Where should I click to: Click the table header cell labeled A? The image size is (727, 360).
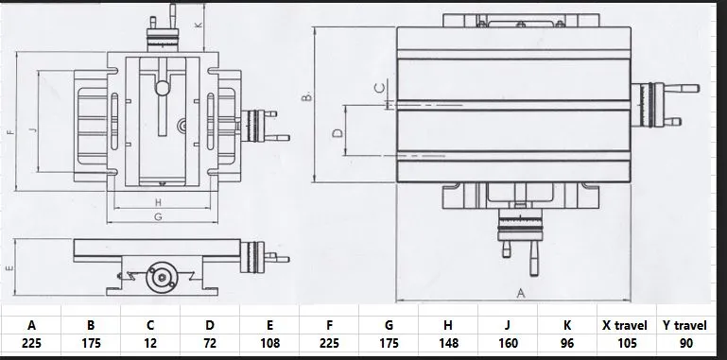click(x=31, y=325)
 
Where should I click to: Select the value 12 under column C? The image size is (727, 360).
click(x=150, y=343)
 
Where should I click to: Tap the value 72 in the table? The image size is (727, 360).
click(x=210, y=343)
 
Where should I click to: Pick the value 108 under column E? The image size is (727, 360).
click(x=269, y=343)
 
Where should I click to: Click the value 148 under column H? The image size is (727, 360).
click(x=448, y=343)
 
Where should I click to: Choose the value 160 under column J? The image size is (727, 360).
click(x=508, y=343)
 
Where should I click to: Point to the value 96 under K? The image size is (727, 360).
click(x=566, y=343)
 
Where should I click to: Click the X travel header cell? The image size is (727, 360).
click(x=625, y=325)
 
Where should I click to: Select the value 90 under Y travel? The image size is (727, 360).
click(x=685, y=343)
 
